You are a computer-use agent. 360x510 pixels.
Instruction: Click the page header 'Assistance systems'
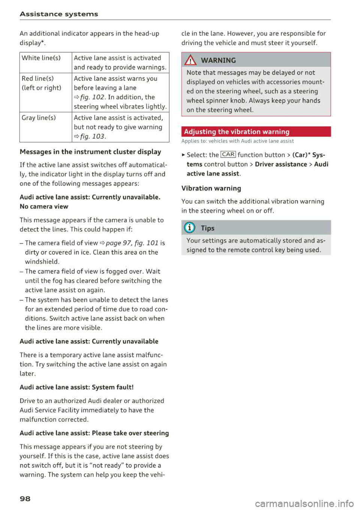click(59, 14)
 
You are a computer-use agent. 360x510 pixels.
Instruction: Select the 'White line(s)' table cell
click(41, 58)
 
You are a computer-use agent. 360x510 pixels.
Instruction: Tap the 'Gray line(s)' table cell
click(39, 118)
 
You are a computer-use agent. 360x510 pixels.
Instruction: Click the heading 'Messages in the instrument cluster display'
click(90, 152)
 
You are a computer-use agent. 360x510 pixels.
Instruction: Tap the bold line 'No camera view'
click(44, 207)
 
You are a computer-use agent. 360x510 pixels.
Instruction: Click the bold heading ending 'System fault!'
click(76, 387)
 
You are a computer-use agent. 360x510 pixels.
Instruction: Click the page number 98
click(25, 499)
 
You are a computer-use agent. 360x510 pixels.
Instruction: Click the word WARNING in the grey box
click(218, 60)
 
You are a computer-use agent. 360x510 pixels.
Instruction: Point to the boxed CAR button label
click(228, 155)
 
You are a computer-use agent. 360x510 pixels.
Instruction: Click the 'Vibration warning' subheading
click(211, 188)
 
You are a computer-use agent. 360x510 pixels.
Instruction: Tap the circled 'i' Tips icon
click(190, 228)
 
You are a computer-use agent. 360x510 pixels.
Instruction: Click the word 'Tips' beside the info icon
click(207, 228)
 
